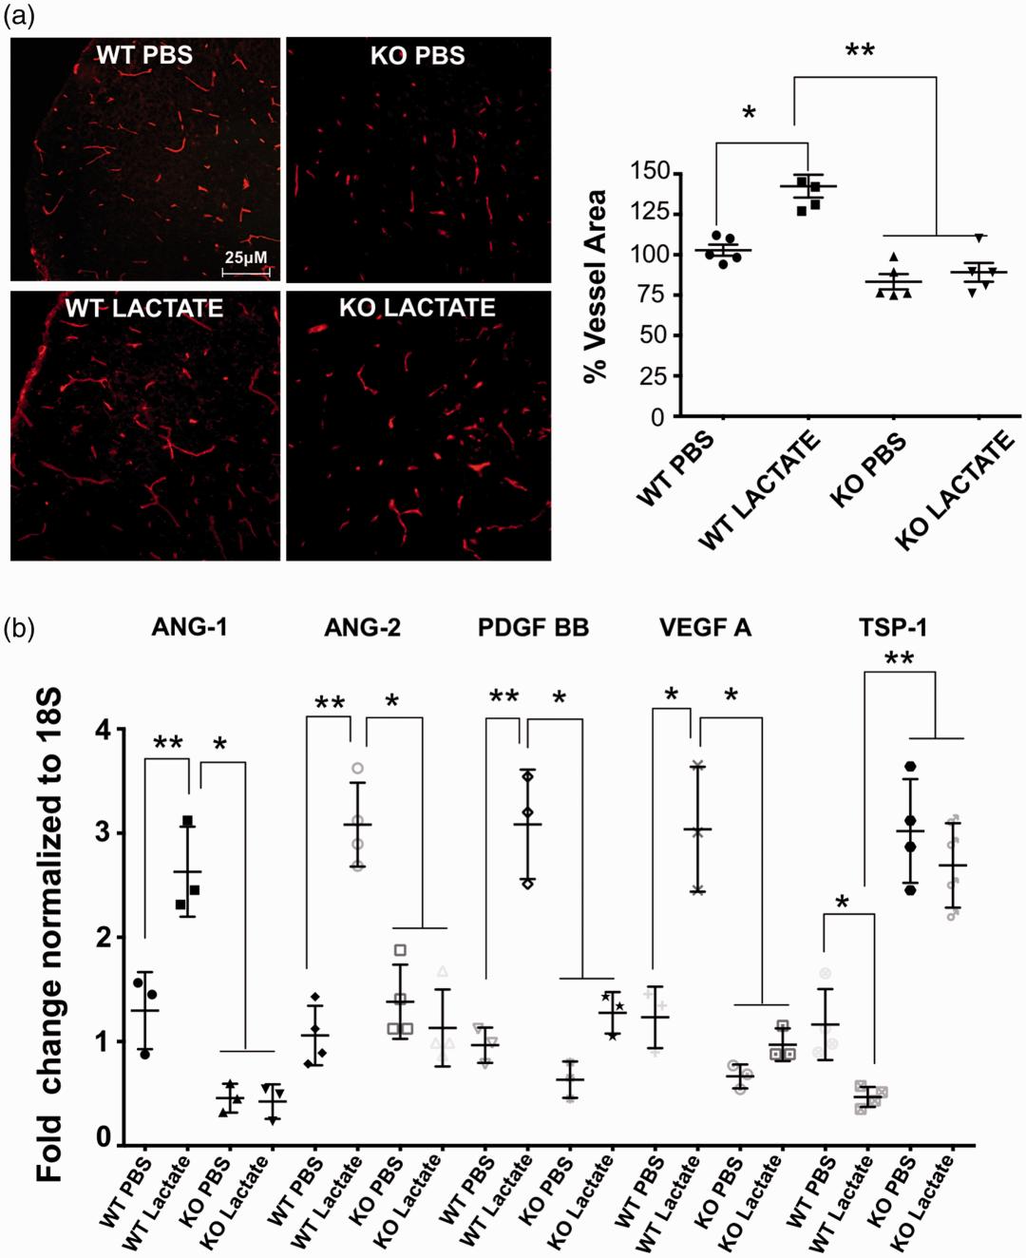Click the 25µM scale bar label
click(x=246, y=257)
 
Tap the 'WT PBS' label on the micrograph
click(x=144, y=55)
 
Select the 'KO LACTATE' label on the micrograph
click(x=418, y=308)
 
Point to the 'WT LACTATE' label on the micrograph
click(x=144, y=308)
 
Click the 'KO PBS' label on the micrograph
click(x=418, y=55)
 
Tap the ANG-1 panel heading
click(x=189, y=627)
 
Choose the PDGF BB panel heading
click(x=533, y=627)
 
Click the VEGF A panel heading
click(x=705, y=627)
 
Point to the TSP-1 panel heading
click(x=893, y=627)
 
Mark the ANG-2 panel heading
click(x=362, y=627)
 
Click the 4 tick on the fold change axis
click(x=104, y=731)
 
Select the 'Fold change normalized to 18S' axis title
click(x=49, y=936)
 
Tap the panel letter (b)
click(x=20, y=628)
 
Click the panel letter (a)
click(x=20, y=16)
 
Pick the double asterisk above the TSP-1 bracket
click(x=899, y=659)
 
